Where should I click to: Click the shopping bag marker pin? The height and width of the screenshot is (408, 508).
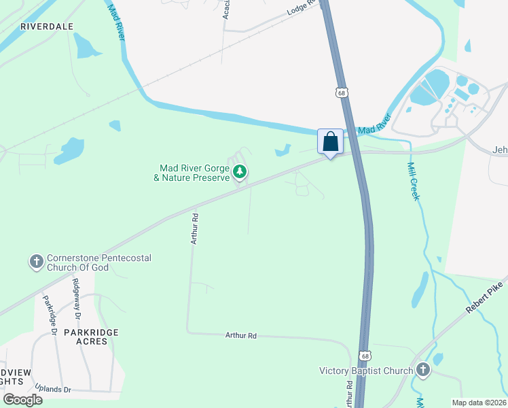point(330,143)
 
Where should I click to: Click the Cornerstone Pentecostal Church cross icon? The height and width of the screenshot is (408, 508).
point(36,262)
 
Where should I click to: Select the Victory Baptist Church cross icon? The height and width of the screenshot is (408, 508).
point(423,370)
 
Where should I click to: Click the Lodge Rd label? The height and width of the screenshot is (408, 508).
point(302,7)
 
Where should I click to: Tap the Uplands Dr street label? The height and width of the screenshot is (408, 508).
point(48,389)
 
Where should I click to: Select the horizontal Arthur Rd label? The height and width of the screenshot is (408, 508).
point(241,335)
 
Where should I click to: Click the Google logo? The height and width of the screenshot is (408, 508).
point(22,400)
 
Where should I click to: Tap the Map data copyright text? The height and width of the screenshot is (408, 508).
point(479,403)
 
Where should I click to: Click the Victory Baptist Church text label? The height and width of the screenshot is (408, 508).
point(366,371)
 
